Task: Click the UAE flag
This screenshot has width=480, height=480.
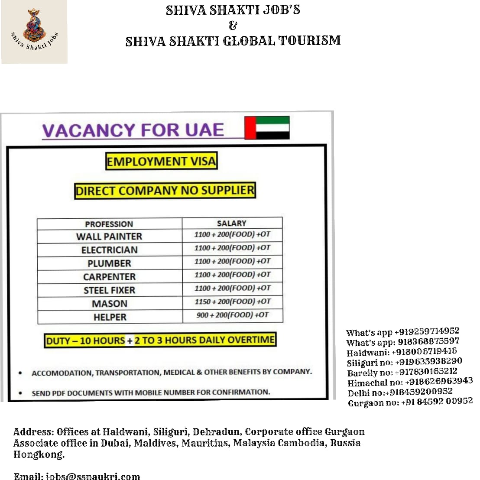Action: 267,127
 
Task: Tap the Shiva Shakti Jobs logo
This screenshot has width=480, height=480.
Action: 34,32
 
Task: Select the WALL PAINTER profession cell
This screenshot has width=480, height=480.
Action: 109,237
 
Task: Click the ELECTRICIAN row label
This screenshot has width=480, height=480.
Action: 109,250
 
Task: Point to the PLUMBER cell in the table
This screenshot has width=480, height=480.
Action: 109,263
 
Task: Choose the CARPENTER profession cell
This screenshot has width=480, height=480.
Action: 109,277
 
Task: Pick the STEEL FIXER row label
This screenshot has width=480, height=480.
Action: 109,290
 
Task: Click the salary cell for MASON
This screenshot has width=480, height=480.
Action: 232,302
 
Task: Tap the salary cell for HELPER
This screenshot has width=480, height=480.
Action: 232,315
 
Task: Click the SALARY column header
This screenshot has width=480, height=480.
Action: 231,223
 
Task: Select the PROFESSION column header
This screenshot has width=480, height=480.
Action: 109,224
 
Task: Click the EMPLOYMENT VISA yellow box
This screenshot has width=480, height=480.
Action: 161,162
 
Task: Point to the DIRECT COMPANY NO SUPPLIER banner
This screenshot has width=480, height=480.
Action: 165,191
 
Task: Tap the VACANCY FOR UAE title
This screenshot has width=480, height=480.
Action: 133,130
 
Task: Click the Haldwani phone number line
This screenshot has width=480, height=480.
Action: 402,352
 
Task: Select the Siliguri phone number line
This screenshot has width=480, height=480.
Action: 404,362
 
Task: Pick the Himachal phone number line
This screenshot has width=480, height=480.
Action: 410,382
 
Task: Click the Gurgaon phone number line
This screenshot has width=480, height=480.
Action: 410,402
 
